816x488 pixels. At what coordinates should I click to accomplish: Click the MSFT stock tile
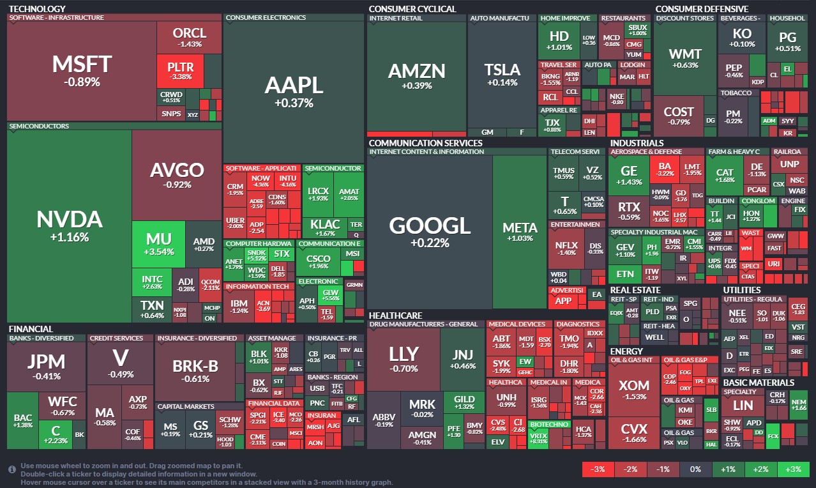(x=82, y=70)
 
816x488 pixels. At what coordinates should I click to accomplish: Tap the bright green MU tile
(x=158, y=243)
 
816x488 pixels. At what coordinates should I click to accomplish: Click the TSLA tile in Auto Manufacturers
(x=502, y=75)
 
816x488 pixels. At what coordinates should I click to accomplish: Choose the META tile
(x=520, y=232)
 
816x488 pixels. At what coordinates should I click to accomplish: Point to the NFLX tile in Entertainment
(x=565, y=248)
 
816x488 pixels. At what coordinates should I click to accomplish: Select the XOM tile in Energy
(x=634, y=390)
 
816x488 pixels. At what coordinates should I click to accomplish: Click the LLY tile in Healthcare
(x=404, y=358)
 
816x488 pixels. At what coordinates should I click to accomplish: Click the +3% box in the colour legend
(x=794, y=469)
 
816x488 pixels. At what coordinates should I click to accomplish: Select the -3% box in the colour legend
(x=598, y=469)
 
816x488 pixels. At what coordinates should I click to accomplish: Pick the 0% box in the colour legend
(x=696, y=469)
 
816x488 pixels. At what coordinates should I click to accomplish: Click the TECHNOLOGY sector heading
(x=37, y=9)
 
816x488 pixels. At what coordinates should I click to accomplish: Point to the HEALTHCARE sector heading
(x=395, y=316)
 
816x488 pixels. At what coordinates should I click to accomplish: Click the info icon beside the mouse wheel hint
(x=11, y=469)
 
